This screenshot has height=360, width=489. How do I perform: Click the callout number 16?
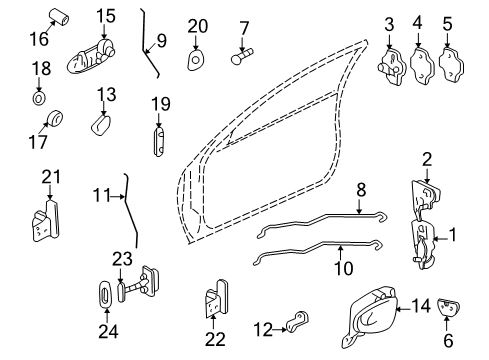[x=37, y=40]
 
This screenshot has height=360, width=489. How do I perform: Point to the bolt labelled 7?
[x=242, y=59]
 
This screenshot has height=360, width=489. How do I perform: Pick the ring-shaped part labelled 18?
[x=39, y=99]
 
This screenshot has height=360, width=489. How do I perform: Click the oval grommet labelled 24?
[x=107, y=298]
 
